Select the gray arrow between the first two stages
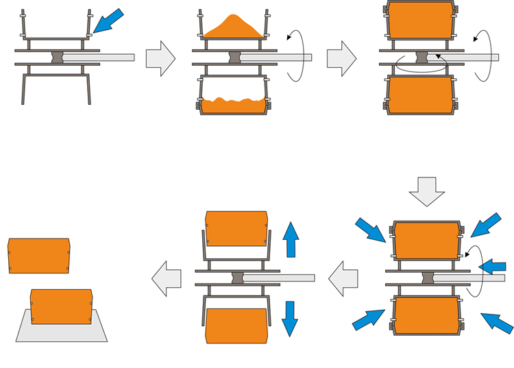160,58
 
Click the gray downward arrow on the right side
426,191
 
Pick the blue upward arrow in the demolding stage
291,239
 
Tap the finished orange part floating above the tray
39,256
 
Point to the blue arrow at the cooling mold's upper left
371,230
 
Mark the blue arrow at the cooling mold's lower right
497,323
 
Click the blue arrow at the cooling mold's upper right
486,224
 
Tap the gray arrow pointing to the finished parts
167,278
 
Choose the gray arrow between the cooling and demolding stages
343,278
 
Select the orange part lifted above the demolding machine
236,228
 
